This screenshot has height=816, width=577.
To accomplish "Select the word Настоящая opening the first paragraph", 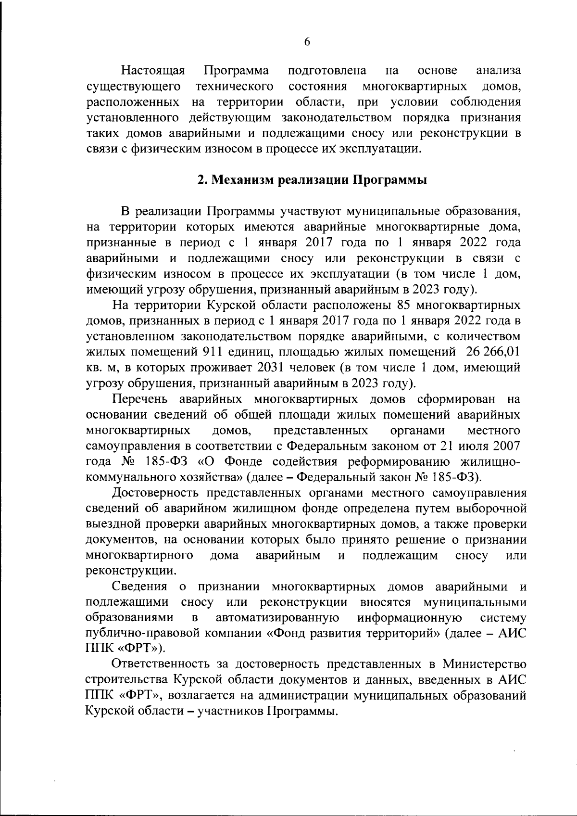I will [153, 71].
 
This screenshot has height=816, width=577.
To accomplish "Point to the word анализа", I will [498, 71].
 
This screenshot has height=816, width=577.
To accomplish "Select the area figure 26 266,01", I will [493, 352].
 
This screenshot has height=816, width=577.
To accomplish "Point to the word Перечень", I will [139, 399].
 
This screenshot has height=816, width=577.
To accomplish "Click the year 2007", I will [506, 446].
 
